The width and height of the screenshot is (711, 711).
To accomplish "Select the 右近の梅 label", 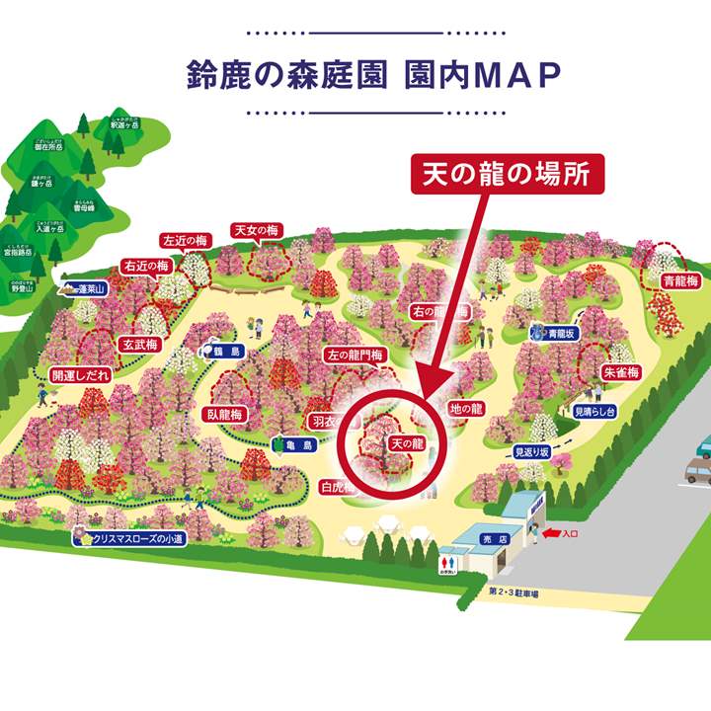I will pyautogui.click(x=146, y=266).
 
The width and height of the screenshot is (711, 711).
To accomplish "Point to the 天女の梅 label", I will pyautogui.click(x=257, y=230).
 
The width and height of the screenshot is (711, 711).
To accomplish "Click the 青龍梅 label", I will pyautogui.click(x=680, y=280).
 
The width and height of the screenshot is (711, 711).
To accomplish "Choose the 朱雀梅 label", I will pyautogui.click(x=621, y=372).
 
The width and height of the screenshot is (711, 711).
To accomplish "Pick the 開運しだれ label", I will pyautogui.click(x=82, y=376).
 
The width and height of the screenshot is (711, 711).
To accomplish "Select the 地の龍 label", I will pyautogui.click(x=465, y=408).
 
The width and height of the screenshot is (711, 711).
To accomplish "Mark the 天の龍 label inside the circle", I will pyautogui.click(x=406, y=444).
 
